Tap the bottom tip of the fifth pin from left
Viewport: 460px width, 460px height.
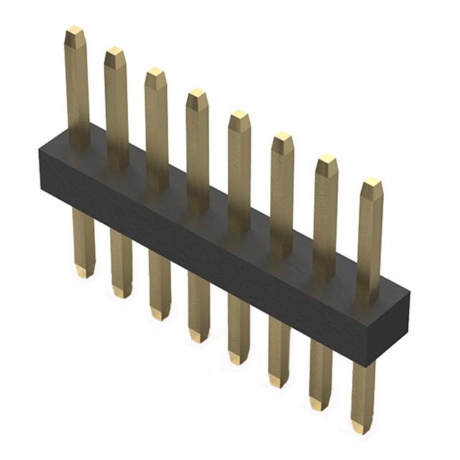(238, 359)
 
